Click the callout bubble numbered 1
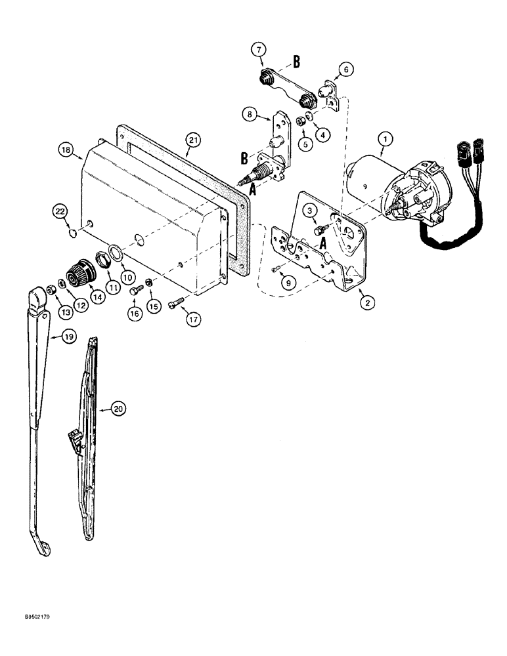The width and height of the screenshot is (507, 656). tap(385, 138)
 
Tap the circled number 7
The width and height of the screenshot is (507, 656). tap(259, 50)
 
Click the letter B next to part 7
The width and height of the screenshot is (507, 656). tap(296, 63)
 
